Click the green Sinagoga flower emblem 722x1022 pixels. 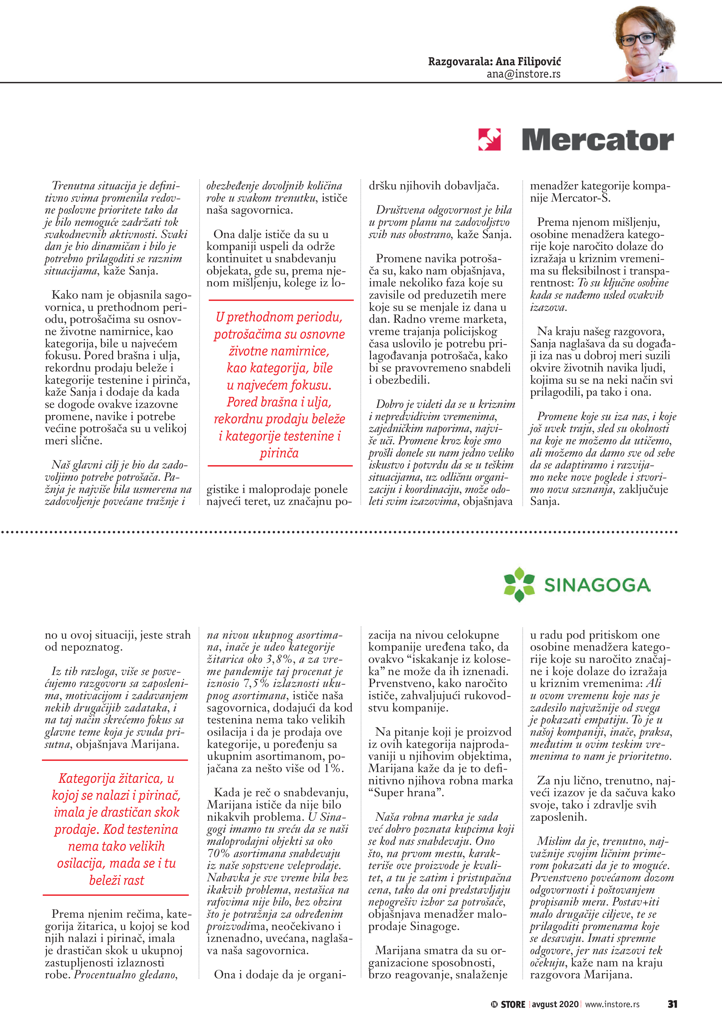(x=519, y=584)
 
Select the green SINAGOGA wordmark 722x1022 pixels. (x=597, y=585)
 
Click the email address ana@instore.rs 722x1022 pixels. (x=523, y=74)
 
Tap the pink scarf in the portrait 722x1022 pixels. (x=650, y=71)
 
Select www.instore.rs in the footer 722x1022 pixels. (x=612, y=1004)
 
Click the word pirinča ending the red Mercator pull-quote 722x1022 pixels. (x=279, y=453)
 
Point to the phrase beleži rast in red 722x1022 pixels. (x=116, y=880)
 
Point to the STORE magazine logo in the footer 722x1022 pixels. (x=509, y=1004)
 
